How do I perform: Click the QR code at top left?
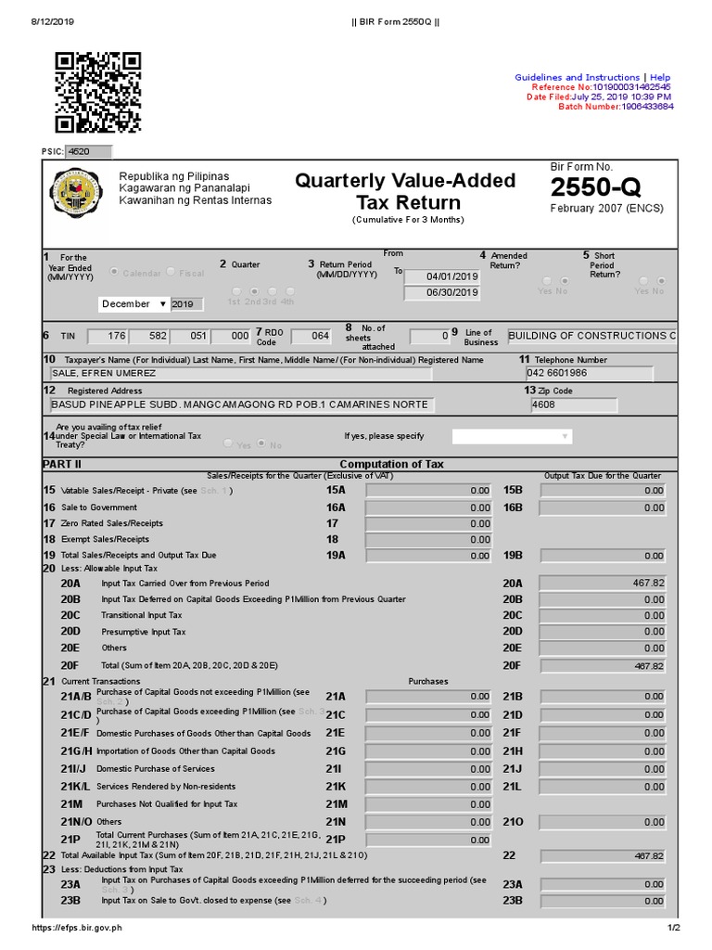pos(97,93)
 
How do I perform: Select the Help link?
pos(660,77)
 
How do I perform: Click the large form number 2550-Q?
pos(595,187)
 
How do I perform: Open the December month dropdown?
pos(133,303)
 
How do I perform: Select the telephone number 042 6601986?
pos(589,373)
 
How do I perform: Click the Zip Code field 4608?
pos(574,404)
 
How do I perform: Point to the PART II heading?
pos(62,464)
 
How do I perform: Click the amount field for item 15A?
pos(429,490)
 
